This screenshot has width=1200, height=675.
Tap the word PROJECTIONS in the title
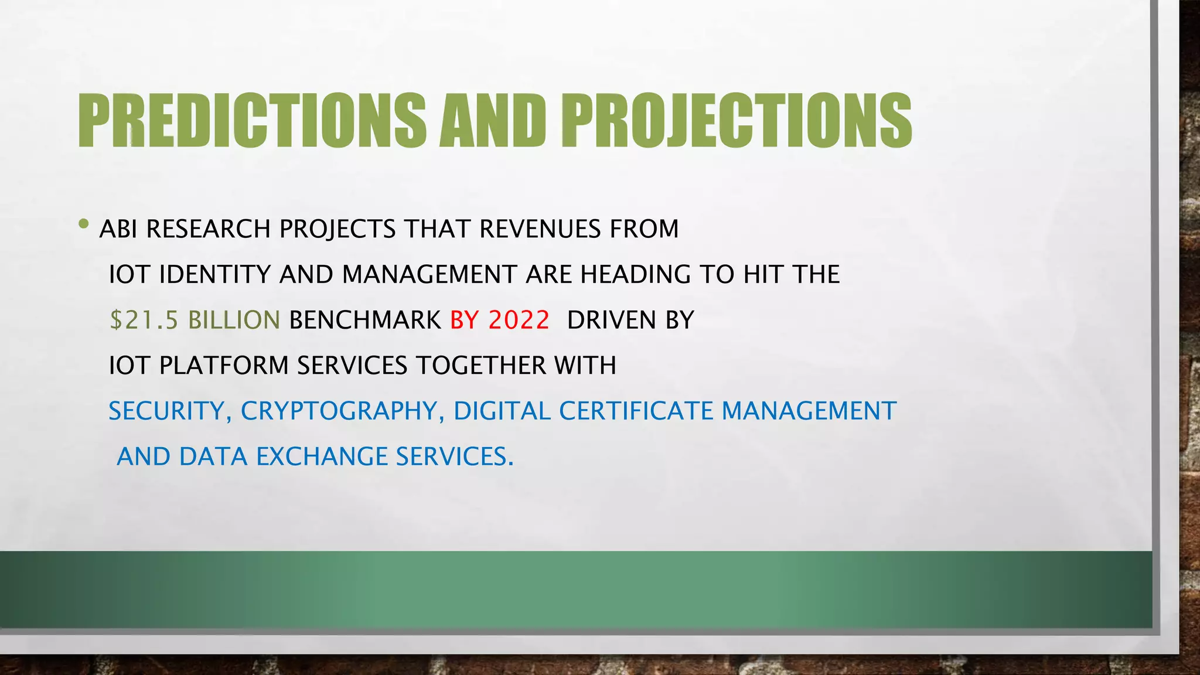point(736,121)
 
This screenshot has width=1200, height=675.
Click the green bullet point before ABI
point(84,224)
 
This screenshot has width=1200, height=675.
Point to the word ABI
point(118,229)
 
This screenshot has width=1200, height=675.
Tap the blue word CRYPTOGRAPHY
point(339,411)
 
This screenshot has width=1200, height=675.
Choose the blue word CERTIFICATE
point(636,411)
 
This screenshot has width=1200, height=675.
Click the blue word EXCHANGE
point(322,456)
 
